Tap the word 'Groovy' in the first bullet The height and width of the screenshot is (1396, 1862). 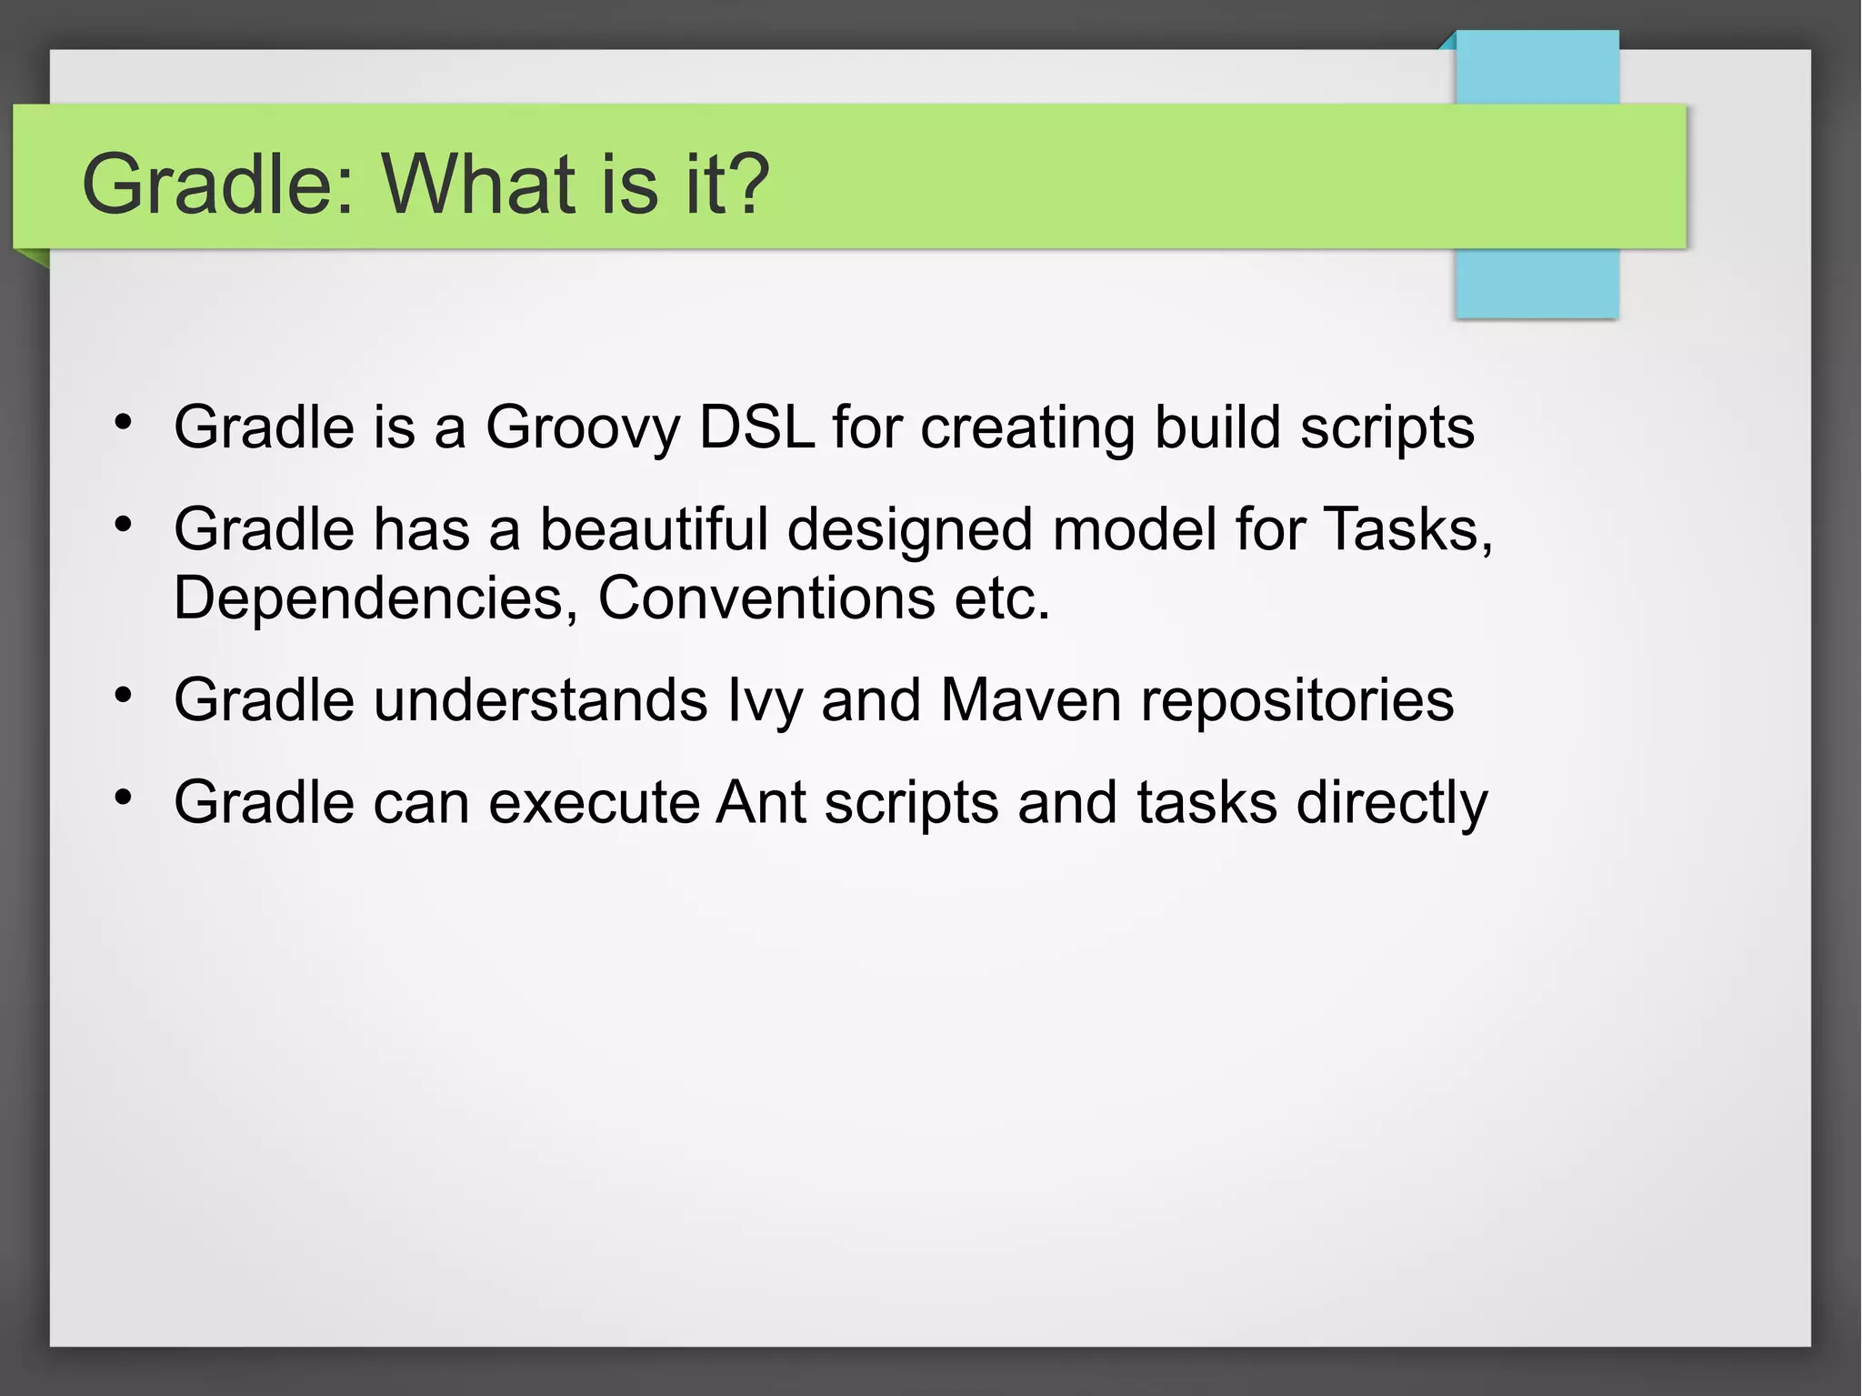point(582,427)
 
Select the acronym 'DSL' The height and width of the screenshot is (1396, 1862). point(756,427)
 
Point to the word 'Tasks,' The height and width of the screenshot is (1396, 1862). point(1408,529)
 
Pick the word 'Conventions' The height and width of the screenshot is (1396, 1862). point(766,598)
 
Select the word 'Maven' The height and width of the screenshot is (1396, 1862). point(1031,700)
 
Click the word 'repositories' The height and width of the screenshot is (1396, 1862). point(1297,701)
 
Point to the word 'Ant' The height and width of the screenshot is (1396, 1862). point(761,803)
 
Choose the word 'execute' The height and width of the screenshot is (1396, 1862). point(594,803)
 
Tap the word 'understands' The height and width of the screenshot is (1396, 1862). point(540,700)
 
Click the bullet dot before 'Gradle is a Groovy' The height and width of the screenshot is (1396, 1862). point(124,422)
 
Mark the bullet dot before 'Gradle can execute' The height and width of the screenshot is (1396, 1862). point(124,798)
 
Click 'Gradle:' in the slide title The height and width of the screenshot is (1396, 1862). point(218,184)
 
